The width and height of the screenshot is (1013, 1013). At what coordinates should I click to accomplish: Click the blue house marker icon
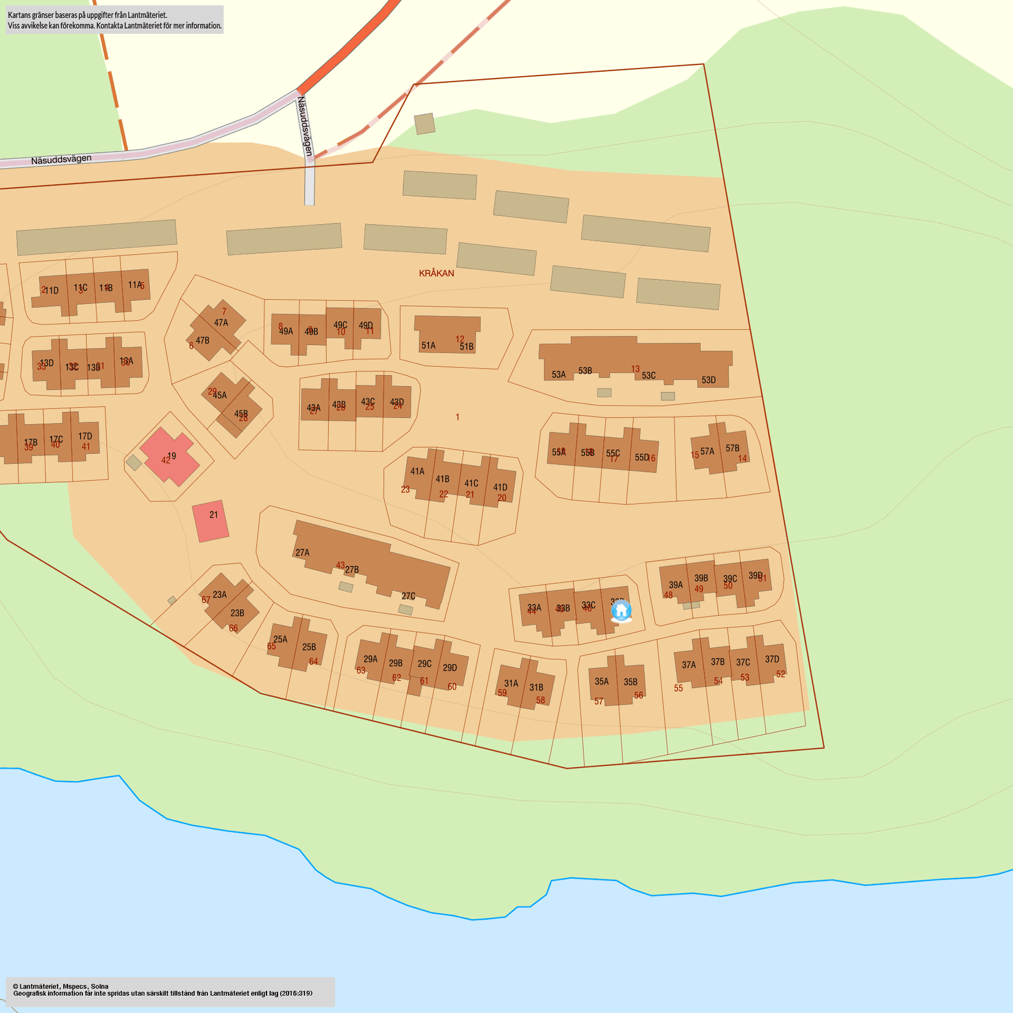(621, 611)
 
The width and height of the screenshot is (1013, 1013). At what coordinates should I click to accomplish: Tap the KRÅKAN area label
(437, 273)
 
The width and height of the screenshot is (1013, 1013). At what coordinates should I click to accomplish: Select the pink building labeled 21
(211, 521)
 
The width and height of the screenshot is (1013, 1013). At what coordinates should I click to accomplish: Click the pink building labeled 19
(169, 456)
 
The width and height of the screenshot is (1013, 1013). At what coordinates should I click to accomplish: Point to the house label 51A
(429, 346)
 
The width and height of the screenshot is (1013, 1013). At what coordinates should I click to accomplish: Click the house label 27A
(303, 553)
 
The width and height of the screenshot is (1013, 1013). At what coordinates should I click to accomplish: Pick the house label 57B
(732, 448)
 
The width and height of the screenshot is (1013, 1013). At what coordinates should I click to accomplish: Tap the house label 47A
(221, 322)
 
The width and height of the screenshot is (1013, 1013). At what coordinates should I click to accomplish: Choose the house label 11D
(52, 290)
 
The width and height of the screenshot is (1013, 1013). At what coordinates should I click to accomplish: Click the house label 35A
(602, 681)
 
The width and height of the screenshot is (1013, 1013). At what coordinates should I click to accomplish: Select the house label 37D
(772, 659)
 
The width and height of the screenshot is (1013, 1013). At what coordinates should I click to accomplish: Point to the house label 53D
(708, 380)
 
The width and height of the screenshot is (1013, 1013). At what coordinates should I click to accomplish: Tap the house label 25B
(309, 647)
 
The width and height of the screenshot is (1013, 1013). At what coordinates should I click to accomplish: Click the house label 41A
(417, 472)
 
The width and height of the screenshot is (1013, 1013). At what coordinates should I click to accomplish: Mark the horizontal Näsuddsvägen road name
(61, 160)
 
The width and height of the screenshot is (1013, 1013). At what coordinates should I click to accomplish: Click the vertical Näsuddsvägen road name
(305, 126)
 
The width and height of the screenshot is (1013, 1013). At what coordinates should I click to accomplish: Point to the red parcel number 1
(457, 417)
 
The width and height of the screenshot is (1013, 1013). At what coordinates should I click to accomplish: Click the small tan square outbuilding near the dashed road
(425, 123)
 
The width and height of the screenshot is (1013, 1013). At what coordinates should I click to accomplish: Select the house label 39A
(676, 585)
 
